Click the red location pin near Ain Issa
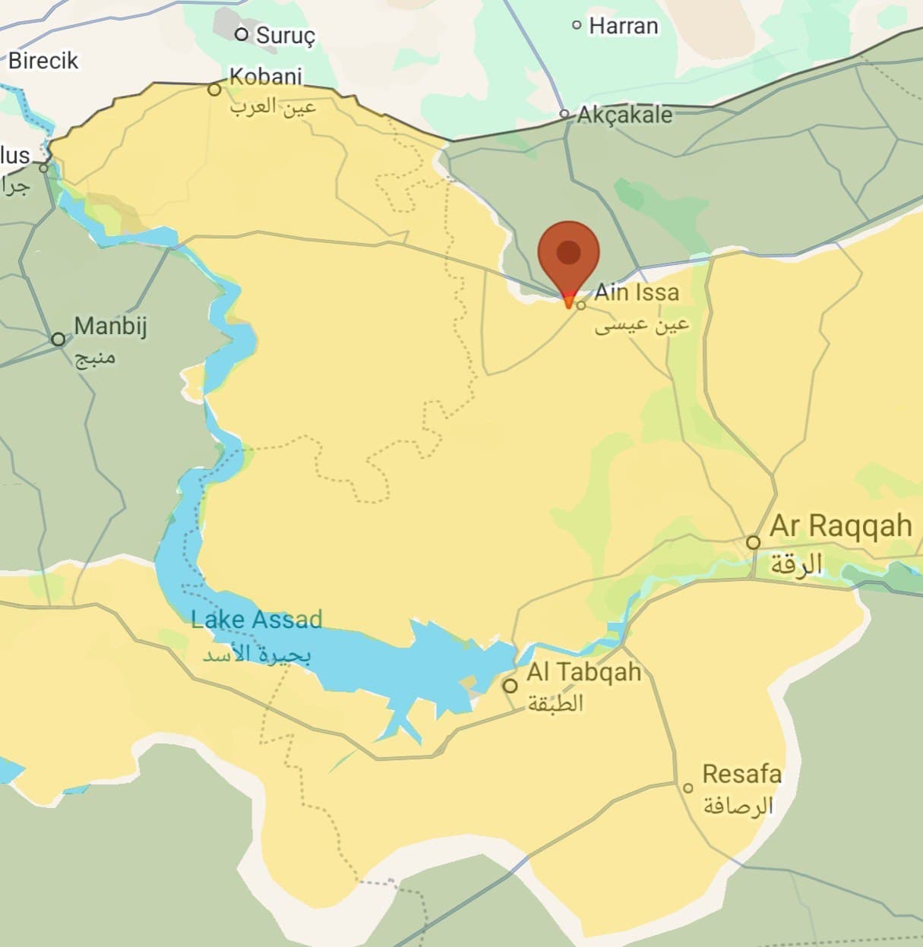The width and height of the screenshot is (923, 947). [x=569, y=254]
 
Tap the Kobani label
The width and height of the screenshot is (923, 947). [x=266, y=77]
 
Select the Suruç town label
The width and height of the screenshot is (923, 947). [x=285, y=35]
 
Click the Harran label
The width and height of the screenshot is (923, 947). [x=623, y=26]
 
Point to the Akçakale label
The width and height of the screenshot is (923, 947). [x=624, y=115]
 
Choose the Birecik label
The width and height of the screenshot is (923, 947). [x=43, y=60]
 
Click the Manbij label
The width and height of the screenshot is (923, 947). [x=110, y=327]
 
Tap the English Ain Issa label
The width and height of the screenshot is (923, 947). [x=637, y=292]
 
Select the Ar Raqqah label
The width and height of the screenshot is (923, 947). [x=840, y=526]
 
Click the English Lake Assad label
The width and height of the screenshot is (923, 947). [x=257, y=620]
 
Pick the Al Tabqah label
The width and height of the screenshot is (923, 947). [x=583, y=672]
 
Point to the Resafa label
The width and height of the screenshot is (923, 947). [x=741, y=774]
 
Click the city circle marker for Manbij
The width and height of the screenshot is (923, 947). [x=58, y=339]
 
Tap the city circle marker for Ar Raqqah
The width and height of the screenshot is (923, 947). [x=753, y=542]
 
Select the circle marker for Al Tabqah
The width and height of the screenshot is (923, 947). [x=510, y=686]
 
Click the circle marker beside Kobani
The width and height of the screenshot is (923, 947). [x=215, y=90]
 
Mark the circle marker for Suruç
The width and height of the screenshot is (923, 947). [x=242, y=34]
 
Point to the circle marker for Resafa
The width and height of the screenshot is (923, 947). [x=688, y=788]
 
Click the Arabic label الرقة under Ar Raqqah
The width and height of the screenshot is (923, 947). [x=796, y=565]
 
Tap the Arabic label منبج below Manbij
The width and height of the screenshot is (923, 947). [x=95, y=357]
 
